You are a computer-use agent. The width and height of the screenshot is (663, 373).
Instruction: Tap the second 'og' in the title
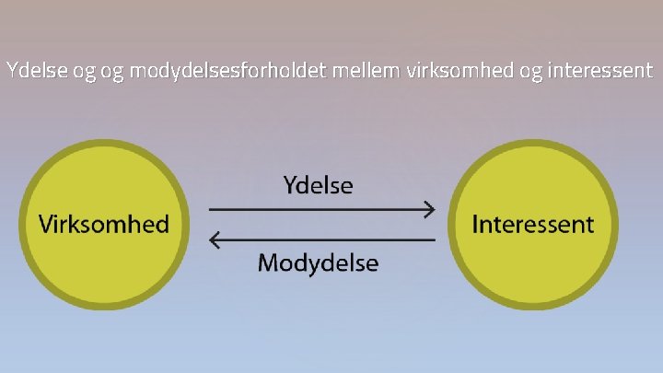[113, 71]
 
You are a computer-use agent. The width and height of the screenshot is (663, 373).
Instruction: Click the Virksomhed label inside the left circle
[103, 224]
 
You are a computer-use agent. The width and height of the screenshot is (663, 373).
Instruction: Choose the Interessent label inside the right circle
[533, 224]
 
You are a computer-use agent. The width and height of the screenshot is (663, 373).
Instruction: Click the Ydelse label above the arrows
[318, 185]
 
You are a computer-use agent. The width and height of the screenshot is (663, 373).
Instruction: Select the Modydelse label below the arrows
[318, 263]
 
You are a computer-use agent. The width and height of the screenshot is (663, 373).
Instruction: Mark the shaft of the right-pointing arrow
[313, 209]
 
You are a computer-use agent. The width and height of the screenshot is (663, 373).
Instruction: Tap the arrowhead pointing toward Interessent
[430, 209]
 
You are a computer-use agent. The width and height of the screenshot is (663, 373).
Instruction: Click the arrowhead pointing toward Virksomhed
[215, 240]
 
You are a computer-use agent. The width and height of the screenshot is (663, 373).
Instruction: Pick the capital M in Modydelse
[268, 263]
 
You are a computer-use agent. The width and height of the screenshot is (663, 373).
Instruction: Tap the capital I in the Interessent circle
[475, 224]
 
